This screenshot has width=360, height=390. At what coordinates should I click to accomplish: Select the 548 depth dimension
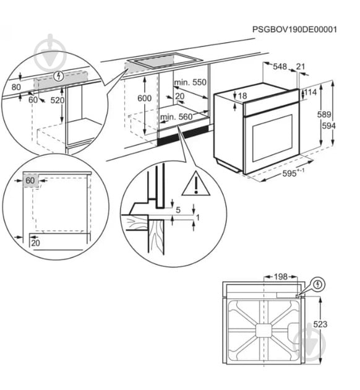[x=280, y=66]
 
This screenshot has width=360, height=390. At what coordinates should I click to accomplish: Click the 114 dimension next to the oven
[x=311, y=93]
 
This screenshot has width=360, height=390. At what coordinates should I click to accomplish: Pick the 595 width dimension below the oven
[x=289, y=175]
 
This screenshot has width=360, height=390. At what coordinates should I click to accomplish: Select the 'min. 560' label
[x=177, y=116]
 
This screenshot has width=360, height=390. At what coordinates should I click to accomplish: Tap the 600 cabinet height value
[x=144, y=98]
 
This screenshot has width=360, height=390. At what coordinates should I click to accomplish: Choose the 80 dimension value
[x=17, y=87]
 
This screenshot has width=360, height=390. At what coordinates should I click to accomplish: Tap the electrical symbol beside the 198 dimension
[x=319, y=284]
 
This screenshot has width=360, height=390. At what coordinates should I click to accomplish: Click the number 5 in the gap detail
[x=178, y=210]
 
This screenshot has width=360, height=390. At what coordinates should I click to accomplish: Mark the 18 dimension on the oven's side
[x=242, y=96]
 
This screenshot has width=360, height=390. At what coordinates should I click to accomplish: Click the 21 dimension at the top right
[x=301, y=66]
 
